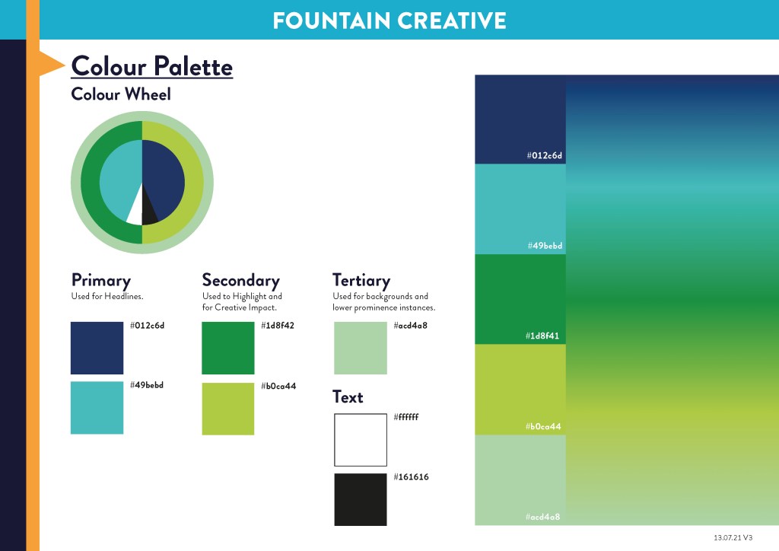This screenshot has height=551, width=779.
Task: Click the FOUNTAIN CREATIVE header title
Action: (x=389, y=21)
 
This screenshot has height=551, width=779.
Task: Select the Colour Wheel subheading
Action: (x=121, y=94)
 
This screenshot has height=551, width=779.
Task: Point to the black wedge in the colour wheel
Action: (x=148, y=209)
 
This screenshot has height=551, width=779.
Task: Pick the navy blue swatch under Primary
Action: (x=97, y=348)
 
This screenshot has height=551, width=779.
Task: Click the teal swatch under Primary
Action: (x=97, y=407)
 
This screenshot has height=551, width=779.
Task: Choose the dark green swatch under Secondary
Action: (x=228, y=348)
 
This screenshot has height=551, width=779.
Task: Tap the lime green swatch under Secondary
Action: (x=228, y=409)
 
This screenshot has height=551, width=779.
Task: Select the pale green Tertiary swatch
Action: (x=360, y=348)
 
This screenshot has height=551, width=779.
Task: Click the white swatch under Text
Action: (x=360, y=440)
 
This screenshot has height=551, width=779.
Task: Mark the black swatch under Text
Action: (x=360, y=499)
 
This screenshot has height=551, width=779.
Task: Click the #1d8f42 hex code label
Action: (x=278, y=326)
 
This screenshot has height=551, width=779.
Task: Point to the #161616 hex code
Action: (x=411, y=477)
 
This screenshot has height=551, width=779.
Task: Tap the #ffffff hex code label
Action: (x=406, y=417)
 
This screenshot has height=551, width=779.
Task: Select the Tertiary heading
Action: (x=361, y=281)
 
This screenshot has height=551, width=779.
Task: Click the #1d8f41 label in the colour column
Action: (x=542, y=336)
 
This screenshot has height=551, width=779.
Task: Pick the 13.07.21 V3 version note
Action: (x=733, y=537)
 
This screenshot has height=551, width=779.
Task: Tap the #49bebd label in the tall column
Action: (x=545, y=246)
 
